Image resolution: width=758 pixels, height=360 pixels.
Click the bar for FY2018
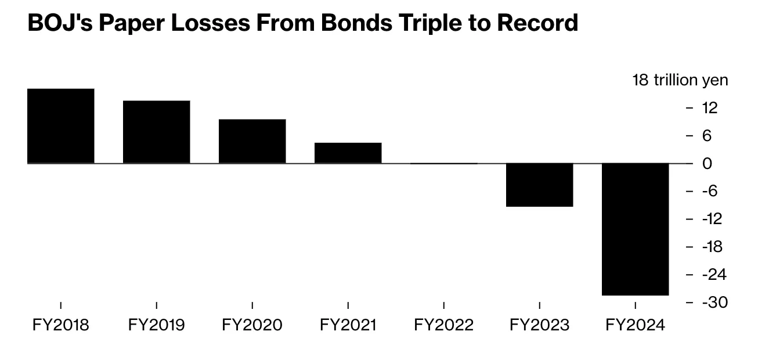click(x=60, y=126)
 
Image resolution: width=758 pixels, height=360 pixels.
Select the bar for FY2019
click(x=156, y=132)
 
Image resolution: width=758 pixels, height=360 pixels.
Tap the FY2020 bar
click(x=252, y=141)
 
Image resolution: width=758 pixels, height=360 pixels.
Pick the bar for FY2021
click(x=348, y=153)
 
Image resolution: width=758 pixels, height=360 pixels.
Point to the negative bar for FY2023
click(x=539, y=185)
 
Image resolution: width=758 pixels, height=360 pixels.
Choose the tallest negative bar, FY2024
click(x=635, y=229)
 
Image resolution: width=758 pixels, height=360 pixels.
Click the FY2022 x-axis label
click(x=443, y=325)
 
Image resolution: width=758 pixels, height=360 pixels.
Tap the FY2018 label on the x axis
click(x=60, y=325)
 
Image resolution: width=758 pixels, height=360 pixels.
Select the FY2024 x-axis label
click(x=635, y=325)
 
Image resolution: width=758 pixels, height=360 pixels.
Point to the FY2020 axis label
click(x=252, y=325)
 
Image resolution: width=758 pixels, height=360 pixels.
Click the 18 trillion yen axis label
click(x=680, y=80)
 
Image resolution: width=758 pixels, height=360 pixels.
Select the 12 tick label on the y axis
click(x=709, y=108)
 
